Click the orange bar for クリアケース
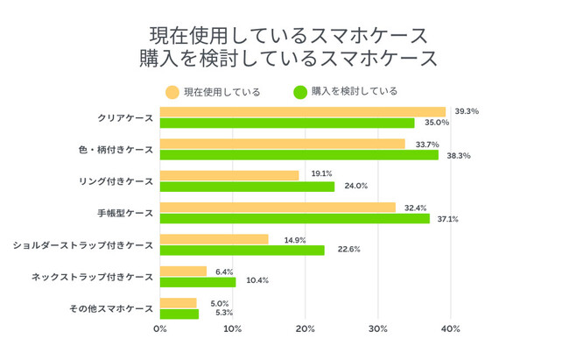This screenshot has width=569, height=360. (x=303, y=111)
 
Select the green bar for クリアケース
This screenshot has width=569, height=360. (x=287, y=123)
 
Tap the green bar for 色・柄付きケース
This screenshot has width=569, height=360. (x=299, y=155)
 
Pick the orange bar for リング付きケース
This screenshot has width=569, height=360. (x=229, y=174)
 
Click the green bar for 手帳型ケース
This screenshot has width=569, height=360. (x=295, y=218)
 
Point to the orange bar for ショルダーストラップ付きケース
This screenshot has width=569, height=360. (x=214, y=238)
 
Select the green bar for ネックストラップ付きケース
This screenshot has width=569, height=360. (x=198, y=282)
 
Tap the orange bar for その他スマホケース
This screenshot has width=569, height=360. (x=179, y=302)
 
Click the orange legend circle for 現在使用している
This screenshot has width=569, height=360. (x=172, y=91)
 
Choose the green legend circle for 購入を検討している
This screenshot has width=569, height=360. (x=299, y=91)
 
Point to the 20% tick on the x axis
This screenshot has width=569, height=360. (x=306, y=329)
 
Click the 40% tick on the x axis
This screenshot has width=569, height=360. (x=451, y=329)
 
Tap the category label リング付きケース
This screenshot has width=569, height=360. (x=116, y=181)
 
